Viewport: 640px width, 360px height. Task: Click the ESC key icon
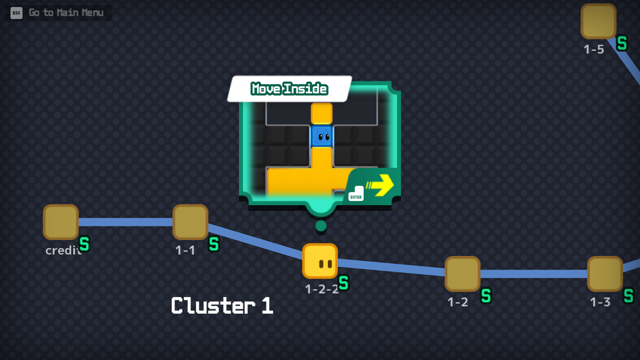(x=16, y=13)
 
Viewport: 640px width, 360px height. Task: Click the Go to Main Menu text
(x=66, y=13)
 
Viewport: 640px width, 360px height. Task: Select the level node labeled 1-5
(x=598, y=21)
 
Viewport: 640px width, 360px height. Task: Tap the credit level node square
(x=61, y=222)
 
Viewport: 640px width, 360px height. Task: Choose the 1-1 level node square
(x=190, y=222)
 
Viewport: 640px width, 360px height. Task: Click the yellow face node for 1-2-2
(x=320, y=261)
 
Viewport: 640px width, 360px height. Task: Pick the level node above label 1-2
(x=462, y=274)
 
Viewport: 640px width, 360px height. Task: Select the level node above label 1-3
(x=605, y=274)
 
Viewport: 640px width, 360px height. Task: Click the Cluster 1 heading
(x=222, y=306)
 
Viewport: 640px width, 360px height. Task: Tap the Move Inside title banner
(x=289, y=89)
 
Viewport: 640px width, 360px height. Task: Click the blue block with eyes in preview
(x=322, y=136)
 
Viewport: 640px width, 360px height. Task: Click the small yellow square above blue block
(x=322, y=114)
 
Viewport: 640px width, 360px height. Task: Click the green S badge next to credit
(x=84, y=244)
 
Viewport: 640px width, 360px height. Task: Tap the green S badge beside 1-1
(x=214, y=244)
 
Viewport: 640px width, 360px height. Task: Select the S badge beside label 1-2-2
(x=344, y=283)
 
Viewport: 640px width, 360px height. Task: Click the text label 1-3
(x=600, y=302)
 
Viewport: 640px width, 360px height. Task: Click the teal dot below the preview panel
(x=321, y=226)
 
